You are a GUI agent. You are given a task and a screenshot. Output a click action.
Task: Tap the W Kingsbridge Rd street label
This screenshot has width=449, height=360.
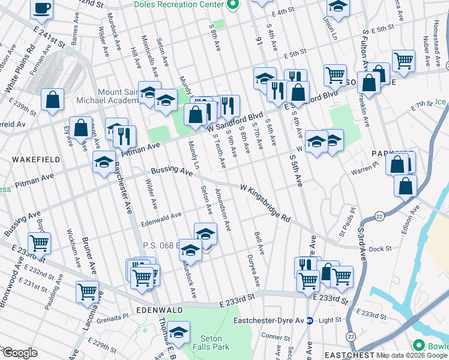click(265, 203)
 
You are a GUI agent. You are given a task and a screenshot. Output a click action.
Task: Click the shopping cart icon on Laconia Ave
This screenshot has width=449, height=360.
click(87, 292)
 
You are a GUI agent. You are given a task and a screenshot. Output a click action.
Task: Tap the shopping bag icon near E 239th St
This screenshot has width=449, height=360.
click(52, 100)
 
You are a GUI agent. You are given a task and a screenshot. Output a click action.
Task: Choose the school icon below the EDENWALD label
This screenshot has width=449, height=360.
click(178, 332)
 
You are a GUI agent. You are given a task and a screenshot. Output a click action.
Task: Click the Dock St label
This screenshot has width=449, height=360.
click(379, 248)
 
